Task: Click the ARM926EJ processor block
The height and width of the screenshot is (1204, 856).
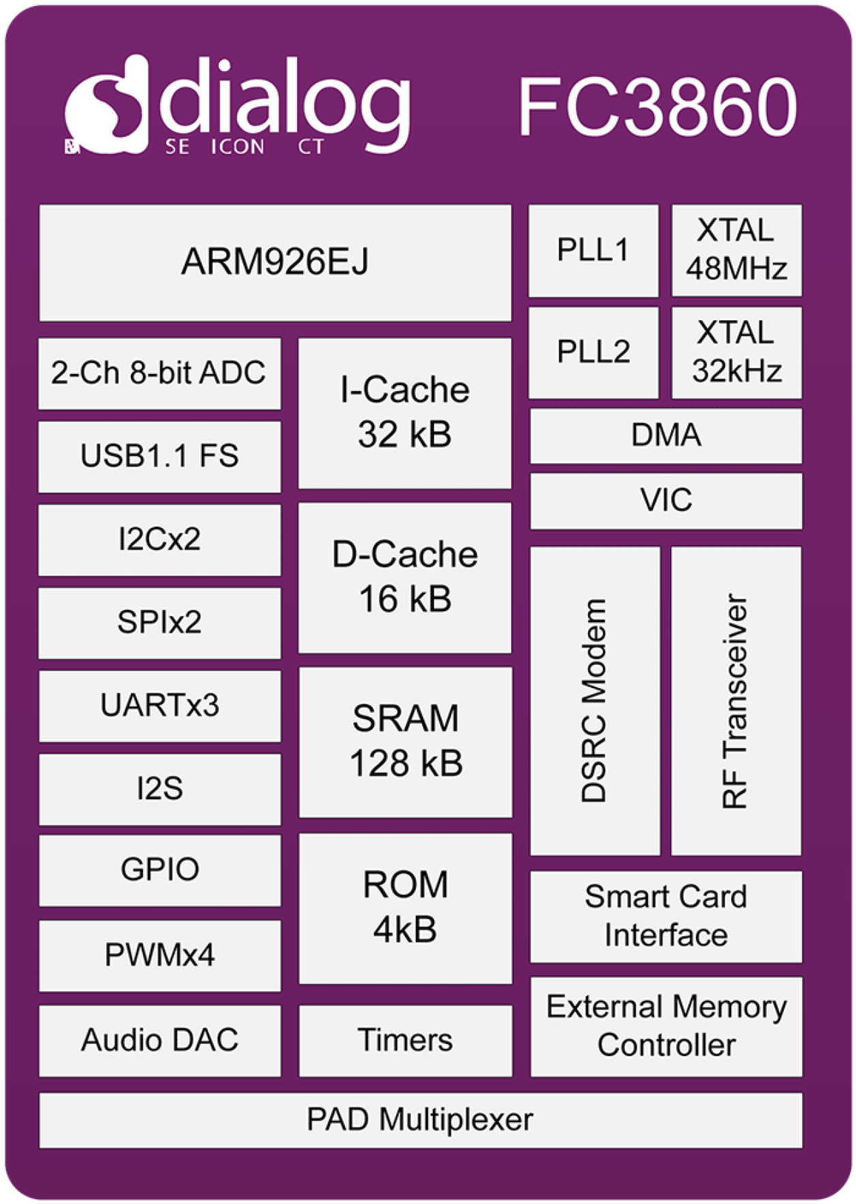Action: point(275,262)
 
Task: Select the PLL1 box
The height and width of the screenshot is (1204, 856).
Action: point(593,250)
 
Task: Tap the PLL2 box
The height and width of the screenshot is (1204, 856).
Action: point(593,352)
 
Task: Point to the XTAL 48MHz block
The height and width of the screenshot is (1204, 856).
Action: point(736,250)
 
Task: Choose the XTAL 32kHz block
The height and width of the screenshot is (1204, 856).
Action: point(736,352)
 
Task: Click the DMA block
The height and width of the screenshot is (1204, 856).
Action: point(666,435)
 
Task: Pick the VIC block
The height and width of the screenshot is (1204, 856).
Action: point(666,500)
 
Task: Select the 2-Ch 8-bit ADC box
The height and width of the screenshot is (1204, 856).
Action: point(159,373)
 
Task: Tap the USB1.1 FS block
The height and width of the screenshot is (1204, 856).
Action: point(159,456)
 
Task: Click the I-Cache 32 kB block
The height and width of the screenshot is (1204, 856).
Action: point(405,412)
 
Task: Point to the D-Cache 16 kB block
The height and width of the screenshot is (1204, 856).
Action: point(405,577)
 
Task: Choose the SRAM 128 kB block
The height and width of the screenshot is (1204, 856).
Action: point(406,741)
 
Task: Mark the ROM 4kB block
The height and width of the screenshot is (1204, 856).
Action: point(406,908)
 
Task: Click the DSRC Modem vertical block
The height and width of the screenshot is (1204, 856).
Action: point(594,700)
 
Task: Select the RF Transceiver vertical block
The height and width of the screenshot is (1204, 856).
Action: point(735,700)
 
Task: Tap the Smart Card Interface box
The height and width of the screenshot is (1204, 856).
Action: point(666,916)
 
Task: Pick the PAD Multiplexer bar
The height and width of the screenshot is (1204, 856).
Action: point(420,1120)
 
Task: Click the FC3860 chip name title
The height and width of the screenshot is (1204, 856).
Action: point(657,108)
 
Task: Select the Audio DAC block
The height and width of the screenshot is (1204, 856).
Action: point(159,1040)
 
